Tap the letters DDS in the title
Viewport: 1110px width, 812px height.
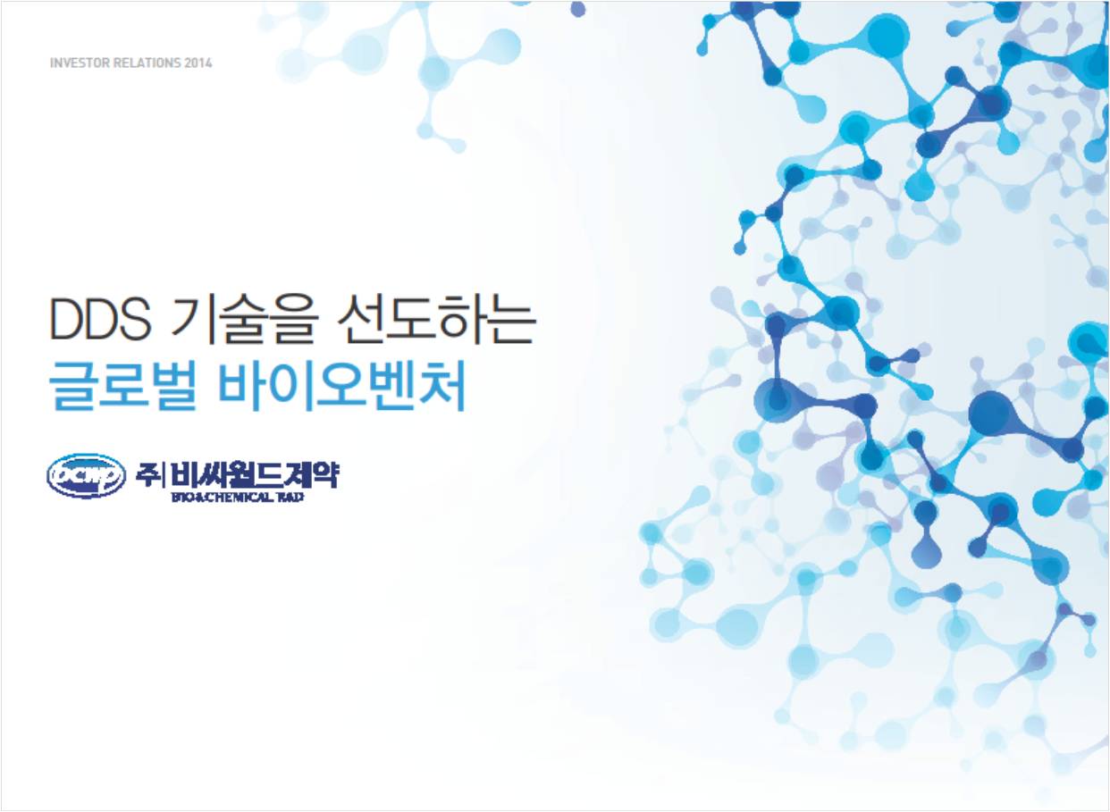point(100,319)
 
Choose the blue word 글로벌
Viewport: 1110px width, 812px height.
point(123,387)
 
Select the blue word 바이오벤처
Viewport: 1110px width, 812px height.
point(342,387)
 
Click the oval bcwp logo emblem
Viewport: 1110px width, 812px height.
point(86,475)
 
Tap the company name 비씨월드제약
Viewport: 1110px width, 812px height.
point(254,475)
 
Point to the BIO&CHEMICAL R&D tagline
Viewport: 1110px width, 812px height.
point(238,498)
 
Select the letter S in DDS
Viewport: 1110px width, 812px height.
point(134,319)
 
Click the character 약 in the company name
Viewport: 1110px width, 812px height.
point(325,475)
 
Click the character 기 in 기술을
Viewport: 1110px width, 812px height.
point(193,320)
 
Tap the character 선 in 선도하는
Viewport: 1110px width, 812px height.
point(359,320)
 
